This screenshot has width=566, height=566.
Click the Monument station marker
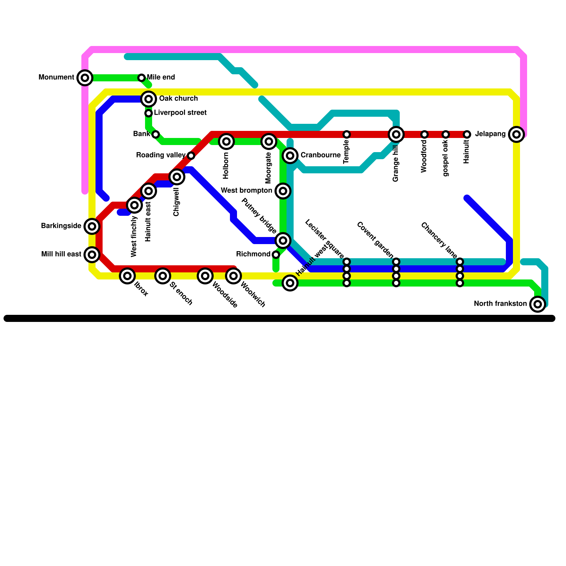85,78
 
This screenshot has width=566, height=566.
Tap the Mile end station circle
141,78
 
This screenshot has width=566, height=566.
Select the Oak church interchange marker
149,99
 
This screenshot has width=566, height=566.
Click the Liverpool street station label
180,113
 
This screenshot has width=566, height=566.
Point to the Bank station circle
156,134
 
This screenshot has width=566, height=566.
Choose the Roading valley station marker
191,156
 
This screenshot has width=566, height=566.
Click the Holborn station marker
226,141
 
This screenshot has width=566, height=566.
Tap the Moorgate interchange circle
269,141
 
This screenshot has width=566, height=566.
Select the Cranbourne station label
320,155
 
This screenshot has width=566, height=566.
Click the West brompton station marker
283,191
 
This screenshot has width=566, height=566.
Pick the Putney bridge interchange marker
283,241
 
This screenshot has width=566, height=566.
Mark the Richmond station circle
276,255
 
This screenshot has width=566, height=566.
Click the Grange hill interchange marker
396,134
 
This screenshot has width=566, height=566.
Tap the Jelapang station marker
516,134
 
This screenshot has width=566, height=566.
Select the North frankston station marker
538,304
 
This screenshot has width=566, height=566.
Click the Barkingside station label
61,226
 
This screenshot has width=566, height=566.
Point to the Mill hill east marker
92,255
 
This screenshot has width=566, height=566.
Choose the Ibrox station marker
127,276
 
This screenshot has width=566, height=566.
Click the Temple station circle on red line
347,134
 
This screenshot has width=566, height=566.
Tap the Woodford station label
424,156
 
